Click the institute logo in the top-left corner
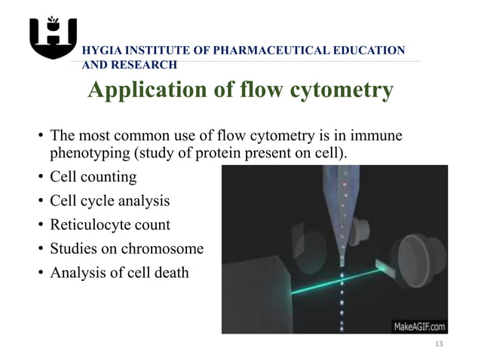tap(53, 37)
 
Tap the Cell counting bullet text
tap(93, 178)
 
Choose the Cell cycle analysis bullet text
tap(109, 201)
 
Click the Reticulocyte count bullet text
tap(109, 224)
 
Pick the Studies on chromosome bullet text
tap(126, 248)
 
